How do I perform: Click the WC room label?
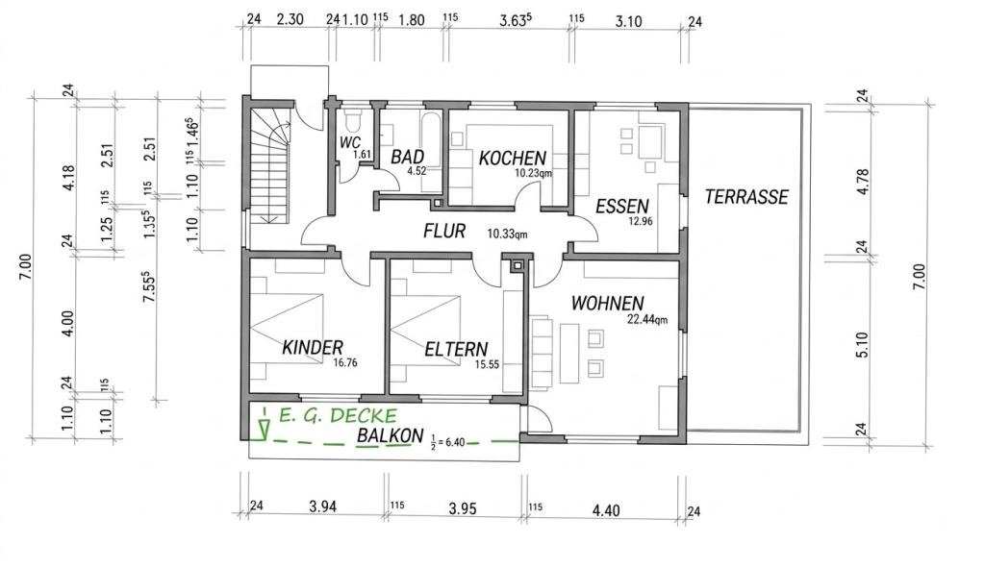[x=349, y=142]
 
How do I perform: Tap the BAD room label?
[x=407, y=157]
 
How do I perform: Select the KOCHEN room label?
[x=512, y=158]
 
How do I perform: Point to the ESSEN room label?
[x=622, y=206]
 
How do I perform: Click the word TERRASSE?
[x=746, y=197]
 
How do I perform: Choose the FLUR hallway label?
[x=444, y=231]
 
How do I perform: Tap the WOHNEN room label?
[x=608, y=304]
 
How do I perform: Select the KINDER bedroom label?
[x=313, y=347]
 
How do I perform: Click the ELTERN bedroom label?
[x=456, y=349]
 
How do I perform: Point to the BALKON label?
[x=390, y=435]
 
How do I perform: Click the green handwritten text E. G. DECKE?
[x=338, y=415]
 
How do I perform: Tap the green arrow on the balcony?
[x=265, y=424]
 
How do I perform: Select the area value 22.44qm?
[x=647, y=319]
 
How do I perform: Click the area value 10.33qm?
[x=507, y=235]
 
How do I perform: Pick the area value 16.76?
[x=345, y=362]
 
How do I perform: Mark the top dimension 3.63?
[x=516, y=20]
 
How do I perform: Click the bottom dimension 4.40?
[x=606, y=510]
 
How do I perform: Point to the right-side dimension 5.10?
[x=862, y=345]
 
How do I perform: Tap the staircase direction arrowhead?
[x=271, y=218]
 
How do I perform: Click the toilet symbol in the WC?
[x=352, y=118]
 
